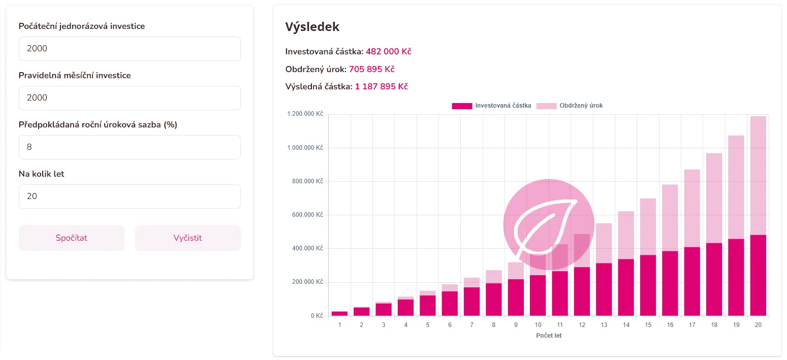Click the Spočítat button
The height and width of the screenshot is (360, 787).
tap(71, 238)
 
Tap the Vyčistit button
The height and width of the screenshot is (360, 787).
tap(187, 238)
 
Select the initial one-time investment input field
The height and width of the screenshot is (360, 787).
tap(130, 49)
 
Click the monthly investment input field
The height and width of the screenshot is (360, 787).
tap(130, 98)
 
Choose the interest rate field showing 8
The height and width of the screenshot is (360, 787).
tap(130, 147)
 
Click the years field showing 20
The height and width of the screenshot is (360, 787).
tap(130, 197)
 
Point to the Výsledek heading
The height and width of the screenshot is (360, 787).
tap(312, 27)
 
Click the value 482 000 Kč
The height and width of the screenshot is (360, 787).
tap(388, 52)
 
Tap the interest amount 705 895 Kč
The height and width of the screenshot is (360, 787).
tap(371, 69)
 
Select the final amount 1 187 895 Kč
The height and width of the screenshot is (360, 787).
tap(381, 86)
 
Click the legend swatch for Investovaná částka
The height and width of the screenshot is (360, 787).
tap(462, 106)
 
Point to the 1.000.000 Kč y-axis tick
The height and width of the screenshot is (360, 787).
tap(305, 148)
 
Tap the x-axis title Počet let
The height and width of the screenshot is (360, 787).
tap(549, 336)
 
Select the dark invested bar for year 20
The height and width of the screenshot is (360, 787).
tap(758, 275)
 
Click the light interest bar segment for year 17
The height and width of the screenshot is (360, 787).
tap(691, 208)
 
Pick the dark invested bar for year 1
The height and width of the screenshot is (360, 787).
tap(339, 314)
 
